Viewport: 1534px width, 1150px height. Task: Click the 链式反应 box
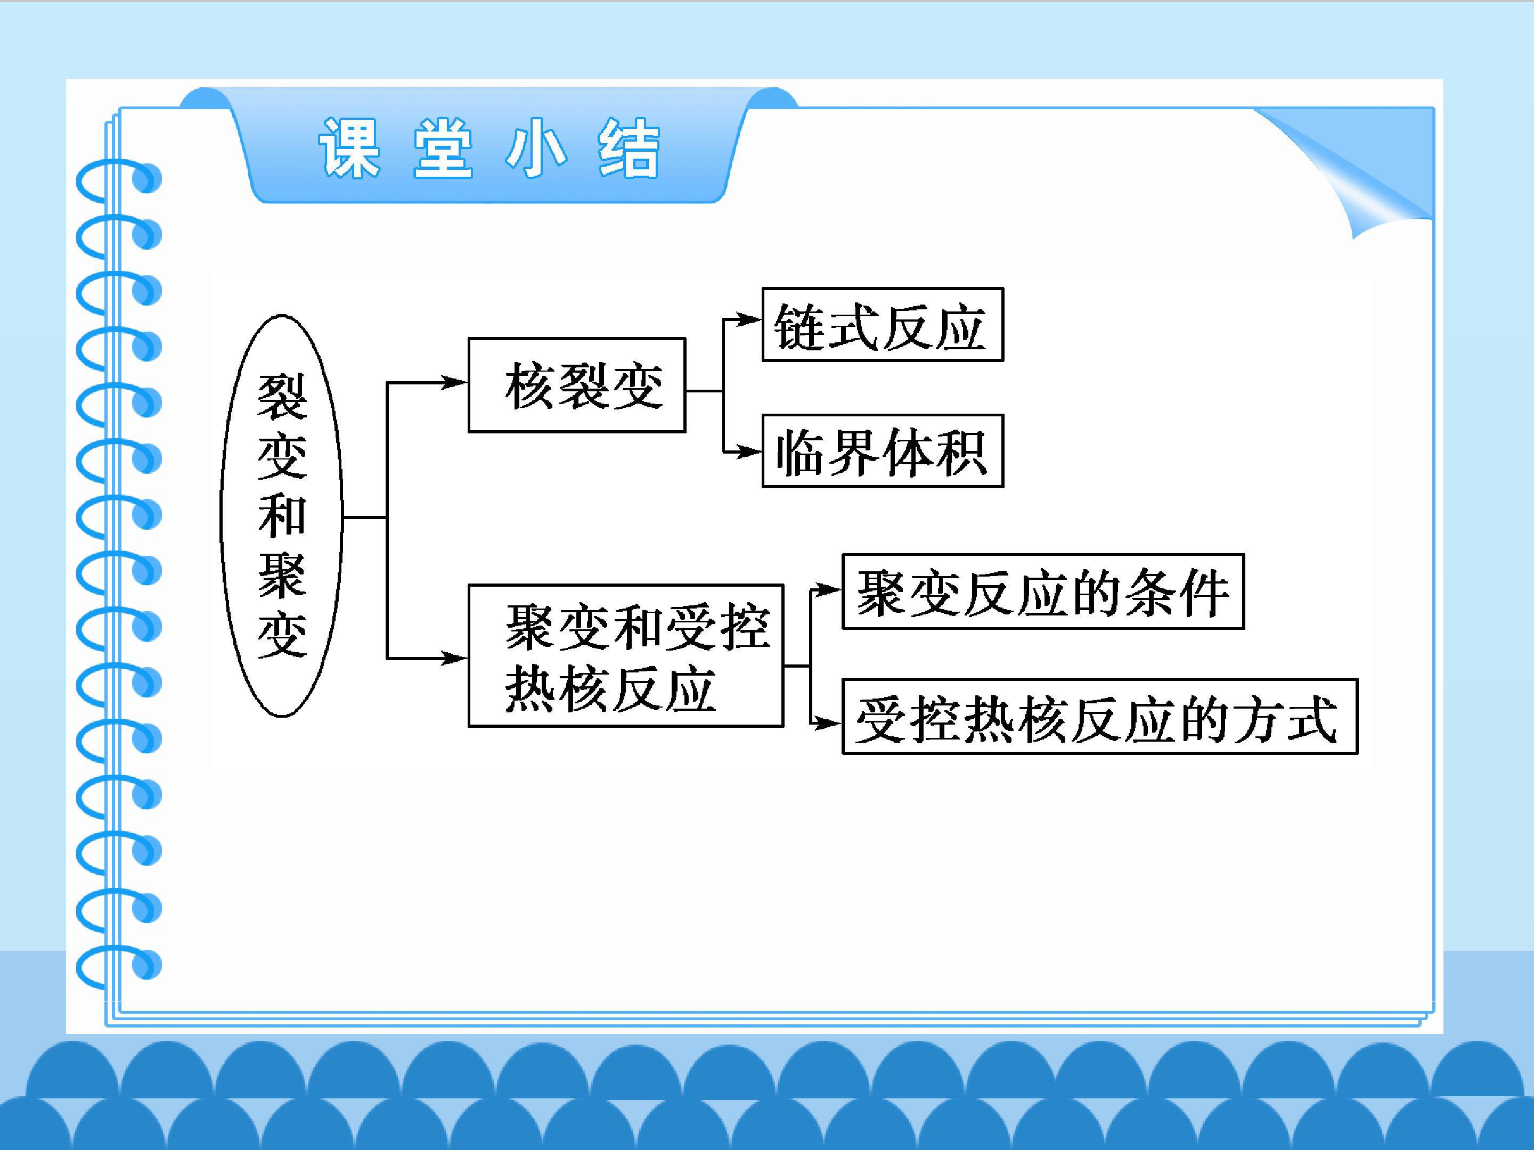click(883, 324)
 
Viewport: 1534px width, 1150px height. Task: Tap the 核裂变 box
click(577, 385)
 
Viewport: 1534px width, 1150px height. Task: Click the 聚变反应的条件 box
click(1043, 592)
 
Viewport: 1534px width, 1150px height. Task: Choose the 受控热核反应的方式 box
click(1100, 716)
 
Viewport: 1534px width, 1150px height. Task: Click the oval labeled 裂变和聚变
click(282, 516)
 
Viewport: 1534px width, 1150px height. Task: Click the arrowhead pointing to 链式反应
click(749, 319)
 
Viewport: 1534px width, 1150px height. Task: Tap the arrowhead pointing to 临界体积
click(749, 452)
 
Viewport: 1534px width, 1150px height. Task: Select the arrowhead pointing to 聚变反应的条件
click(829, 590)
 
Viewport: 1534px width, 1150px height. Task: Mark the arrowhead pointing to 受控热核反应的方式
click(829, 724)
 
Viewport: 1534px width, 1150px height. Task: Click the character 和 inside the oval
click(282, 516)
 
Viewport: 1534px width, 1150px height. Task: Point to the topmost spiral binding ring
click(118, 179)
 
